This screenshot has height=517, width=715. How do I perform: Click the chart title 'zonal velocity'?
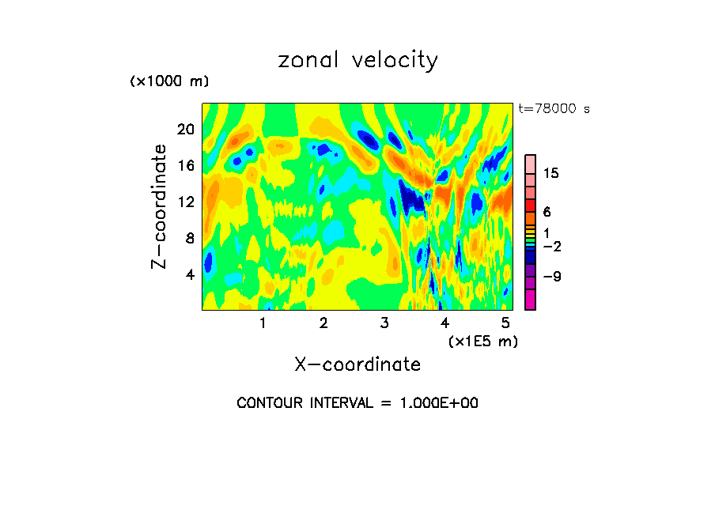pyautogui.click(x=357, y=61)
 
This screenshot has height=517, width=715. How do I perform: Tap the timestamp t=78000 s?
pyautogui.click(x=554, y=109)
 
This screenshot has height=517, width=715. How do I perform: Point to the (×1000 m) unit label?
pyautogui.click(x=168, y=81)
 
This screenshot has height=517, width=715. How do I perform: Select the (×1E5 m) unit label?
pyautogui.click(x=482, y=341)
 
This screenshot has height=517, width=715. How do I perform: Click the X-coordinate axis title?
pyautogui.click(x=357, y=364)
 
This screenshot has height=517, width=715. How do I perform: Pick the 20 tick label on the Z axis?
pyautogui.click(x=185, y=130)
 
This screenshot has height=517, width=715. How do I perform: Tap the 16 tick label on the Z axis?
pyautogui.click(x=185, y=166)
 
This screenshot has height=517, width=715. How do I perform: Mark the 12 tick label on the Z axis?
pyautogui.click(x=185, y=202)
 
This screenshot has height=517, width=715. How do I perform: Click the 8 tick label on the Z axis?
pyautogui.click(x=190, y=238)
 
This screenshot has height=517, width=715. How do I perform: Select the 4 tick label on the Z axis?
pyautogui.click(x=190, y=274)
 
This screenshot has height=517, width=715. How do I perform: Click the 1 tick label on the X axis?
pyautogui.click(x=263, y=323)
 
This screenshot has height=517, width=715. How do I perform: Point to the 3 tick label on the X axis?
pyautogui.click(x=384, y=323)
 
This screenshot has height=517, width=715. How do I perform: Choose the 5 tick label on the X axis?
pyautogui.click(x=505, y=323)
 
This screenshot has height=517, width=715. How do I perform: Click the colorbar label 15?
pyautogui.click(x=550, y=174)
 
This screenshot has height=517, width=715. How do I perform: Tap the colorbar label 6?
pyautogui.click(x=547, y=212)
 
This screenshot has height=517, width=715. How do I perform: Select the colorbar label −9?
pyautogui.click(x=550, y=277)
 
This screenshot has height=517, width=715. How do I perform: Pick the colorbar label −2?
pyautogui.click(x=550, y=247)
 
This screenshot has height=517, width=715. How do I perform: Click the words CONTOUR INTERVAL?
pyautogui.click(x=304, y=403)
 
